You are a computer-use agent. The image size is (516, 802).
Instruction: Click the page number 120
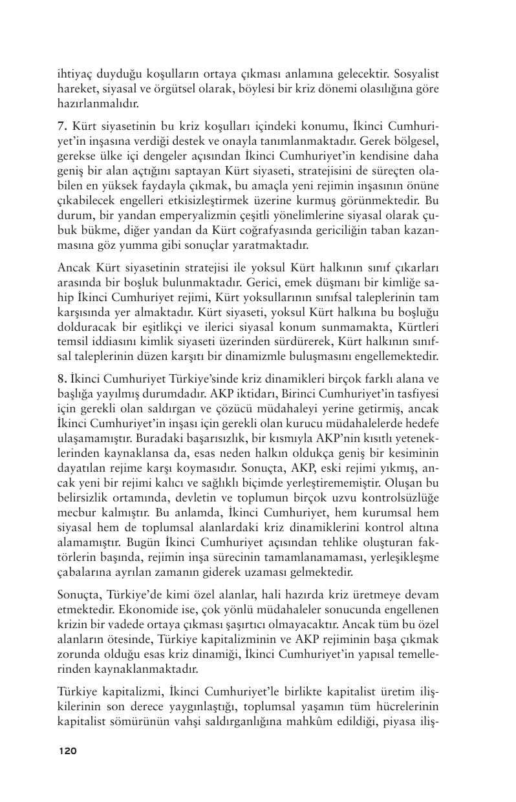67,751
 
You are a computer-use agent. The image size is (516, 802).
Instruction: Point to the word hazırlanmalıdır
98,103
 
